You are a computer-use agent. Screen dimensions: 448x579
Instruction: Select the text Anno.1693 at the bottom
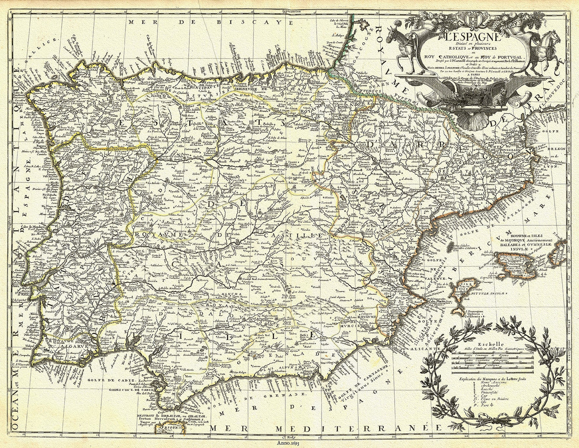pyautogui.click(x=287, y=444)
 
